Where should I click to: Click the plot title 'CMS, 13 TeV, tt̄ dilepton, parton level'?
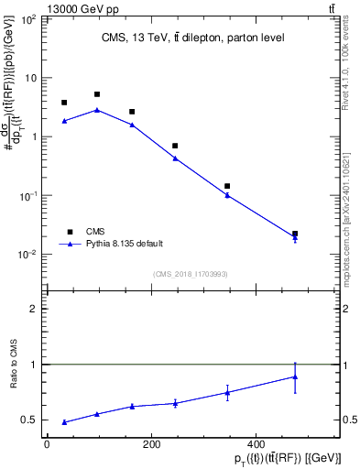point(191,38)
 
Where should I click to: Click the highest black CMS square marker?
point(97,94)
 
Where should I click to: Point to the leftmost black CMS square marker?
point(64,103)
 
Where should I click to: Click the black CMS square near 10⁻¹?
point(227,186)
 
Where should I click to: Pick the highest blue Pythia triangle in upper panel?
point(97,110)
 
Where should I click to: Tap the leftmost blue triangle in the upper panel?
point(64,121)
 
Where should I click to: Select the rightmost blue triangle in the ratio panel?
point(295,376)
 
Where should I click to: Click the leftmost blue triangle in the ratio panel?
point(64,422)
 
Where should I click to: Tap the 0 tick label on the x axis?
point(47,444)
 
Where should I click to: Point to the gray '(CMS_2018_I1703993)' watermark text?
point(191,274)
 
